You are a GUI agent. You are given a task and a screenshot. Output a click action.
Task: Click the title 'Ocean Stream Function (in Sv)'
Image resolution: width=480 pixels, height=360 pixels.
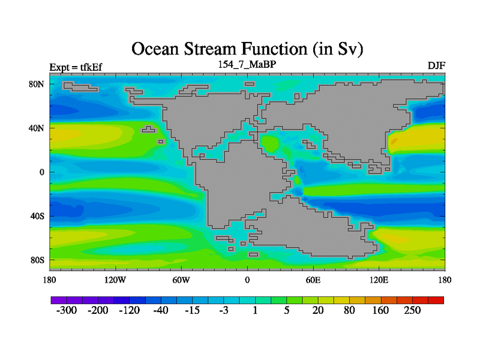pos(247,49)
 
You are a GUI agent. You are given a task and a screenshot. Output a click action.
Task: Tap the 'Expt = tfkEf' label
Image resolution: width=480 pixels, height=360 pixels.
pos(76,67)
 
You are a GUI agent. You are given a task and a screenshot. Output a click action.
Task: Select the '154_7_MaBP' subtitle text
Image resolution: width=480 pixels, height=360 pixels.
pos(247,64)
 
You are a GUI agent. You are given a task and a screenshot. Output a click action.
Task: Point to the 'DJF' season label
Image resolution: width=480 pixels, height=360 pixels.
pos(436,65)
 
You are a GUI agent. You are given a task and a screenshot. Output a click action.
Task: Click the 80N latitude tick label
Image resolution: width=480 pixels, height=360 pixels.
pos(37,84)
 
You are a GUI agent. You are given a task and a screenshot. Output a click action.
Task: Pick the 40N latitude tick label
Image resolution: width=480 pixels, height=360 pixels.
pos(37,128)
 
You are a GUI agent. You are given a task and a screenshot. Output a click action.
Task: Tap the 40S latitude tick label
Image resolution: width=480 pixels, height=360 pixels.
pos(37,216)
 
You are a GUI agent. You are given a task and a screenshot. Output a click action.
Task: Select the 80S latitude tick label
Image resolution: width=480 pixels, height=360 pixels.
pos(37,260)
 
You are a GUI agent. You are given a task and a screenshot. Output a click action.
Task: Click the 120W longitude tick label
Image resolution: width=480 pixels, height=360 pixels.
pos(115,280)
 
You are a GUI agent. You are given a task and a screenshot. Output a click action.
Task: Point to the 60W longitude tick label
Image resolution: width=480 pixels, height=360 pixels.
pos(181,280)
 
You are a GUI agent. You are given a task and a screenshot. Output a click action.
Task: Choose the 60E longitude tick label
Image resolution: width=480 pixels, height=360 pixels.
pos(313,280)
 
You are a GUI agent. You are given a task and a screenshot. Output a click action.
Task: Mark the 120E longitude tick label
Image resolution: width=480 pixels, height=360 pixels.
pos(379,280)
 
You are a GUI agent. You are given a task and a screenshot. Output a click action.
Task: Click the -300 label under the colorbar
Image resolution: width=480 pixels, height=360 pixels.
pos(67,310)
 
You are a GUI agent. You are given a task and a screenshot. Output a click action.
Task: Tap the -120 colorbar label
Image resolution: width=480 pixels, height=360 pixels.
pos(129,310)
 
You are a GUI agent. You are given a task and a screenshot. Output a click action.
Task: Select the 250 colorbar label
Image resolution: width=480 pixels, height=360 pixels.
pos(412,310)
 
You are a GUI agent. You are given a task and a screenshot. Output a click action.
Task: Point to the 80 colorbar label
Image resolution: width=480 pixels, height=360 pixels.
pos(349,310)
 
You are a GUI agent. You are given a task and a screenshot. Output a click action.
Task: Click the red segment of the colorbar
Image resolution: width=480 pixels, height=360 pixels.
pos(436,300)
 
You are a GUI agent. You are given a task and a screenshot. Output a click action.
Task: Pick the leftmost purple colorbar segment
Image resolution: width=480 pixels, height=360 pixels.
pos(59,300)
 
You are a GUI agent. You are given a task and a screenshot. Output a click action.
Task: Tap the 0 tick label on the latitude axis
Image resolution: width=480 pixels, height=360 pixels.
pos(41,172)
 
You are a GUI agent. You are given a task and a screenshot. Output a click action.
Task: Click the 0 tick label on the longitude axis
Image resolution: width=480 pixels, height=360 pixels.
pos(247,280)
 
